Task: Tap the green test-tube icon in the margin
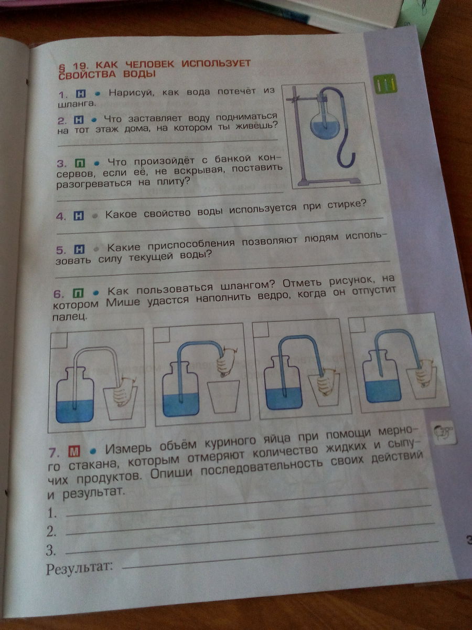385,84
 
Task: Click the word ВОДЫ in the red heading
140,74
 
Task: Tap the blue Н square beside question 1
81,93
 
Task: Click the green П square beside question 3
80,163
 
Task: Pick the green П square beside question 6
78,293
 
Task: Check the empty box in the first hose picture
59,340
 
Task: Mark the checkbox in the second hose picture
162,334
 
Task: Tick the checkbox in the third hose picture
261,329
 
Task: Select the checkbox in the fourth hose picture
357,324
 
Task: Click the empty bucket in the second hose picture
223,397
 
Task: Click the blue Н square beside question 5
79,249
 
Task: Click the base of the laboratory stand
329,181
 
